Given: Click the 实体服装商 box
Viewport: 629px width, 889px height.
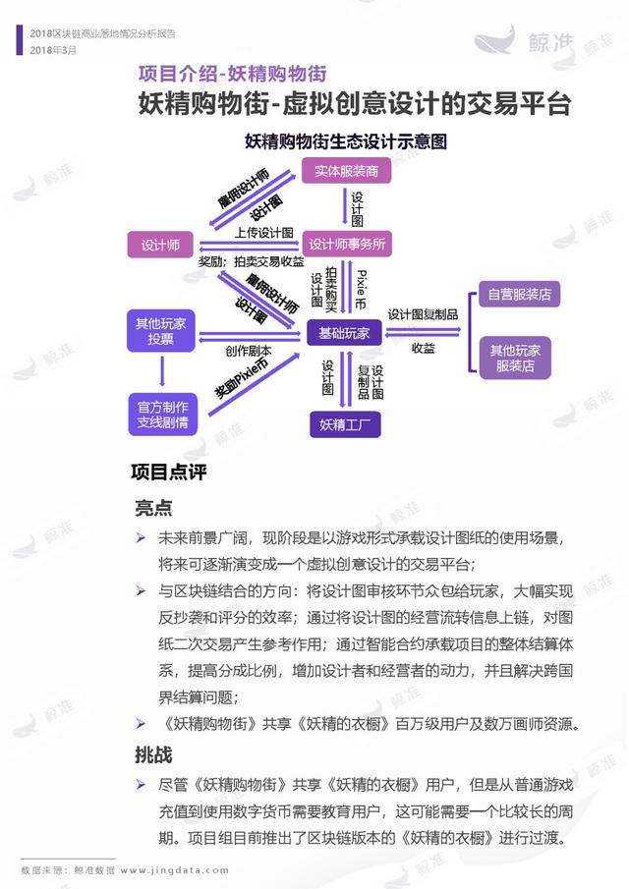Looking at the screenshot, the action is [x=346, y=171].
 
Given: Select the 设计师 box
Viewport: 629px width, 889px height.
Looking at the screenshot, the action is [x=160, y=245].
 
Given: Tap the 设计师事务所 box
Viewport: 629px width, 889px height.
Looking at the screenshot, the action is [x=347, y=244].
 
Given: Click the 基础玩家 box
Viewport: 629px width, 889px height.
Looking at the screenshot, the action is [x=344, y=333].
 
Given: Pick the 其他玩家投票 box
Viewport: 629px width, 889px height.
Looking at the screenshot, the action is [x=161, y=330].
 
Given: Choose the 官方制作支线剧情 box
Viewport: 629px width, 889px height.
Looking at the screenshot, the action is [x=163, y=415].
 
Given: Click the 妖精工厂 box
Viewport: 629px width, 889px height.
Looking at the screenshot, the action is [x=345, y=424].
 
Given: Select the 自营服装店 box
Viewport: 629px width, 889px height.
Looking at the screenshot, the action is [x=520, y=295].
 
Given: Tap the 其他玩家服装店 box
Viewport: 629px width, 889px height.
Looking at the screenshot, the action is [x=515, y=358].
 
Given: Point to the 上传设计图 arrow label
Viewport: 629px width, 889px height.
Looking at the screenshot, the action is [x=264, y=233].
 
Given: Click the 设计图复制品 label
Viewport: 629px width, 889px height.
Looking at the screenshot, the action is [x=423, y=314].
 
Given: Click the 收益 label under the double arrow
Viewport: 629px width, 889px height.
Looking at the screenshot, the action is [x=424, y=348].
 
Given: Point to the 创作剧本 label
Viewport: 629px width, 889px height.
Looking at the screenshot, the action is [x=249, y=351].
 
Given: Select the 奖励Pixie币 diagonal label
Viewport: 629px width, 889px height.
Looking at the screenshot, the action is [x=242, y=379].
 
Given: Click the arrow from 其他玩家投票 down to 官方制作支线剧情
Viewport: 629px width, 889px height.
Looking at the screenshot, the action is [x=162, y=372].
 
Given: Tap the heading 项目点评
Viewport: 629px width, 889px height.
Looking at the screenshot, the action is [x=168, y=472].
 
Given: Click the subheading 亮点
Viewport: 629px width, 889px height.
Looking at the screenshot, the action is [x=153, y=508].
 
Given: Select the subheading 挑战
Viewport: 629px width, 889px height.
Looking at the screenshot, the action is [x=153, y=754].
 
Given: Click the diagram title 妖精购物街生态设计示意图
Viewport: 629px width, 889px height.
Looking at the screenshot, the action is [x=345, y=141].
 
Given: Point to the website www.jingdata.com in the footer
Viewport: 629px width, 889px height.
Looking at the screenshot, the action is [x=175, y=870].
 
